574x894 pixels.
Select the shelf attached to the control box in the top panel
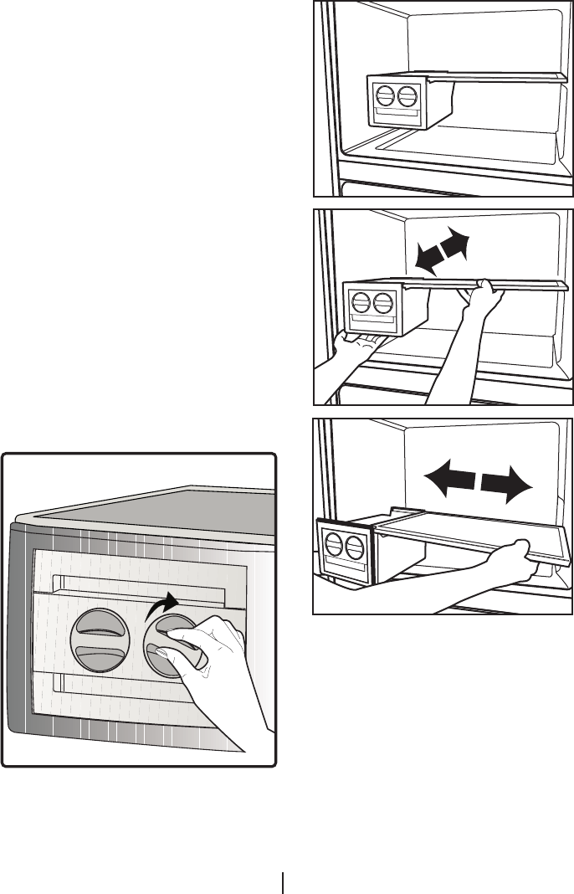[x=502, y=78]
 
